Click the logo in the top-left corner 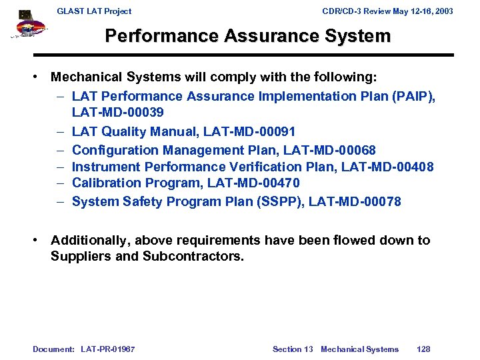pyautogui.click(x=27, y=25)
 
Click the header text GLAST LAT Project pyautogui.click(x=94, y=11)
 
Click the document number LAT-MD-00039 pyautogui.click(x=118, y=112)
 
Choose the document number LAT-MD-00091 pyautogui.click(x=249, y=132)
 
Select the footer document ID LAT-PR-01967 pyautogui.click(x=107, y=349)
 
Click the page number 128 pyautogui.click(x=423, y=349)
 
